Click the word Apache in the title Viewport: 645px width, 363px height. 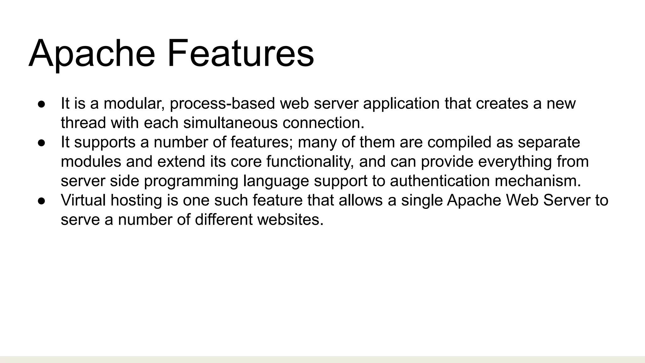pos(92,54)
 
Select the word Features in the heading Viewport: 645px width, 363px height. pos(241,54)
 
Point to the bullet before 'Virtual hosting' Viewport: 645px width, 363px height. pos(42,201)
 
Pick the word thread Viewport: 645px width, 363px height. pos(83,123)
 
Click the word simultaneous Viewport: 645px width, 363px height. pos(230,123)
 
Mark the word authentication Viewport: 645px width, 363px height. pos(440,181)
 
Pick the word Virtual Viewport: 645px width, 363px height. pos(83,200)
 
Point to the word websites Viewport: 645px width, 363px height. pos(290,220)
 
